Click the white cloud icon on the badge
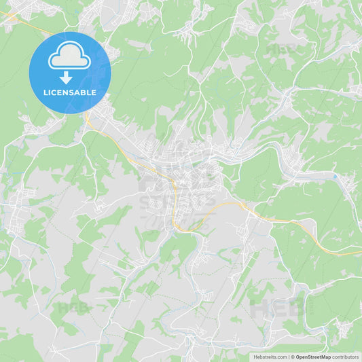point(69,58)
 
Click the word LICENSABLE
point(69,92)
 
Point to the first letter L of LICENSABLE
point(45,92)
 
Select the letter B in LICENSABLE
point(85,92)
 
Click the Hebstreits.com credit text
point(270,357)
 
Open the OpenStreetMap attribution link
point(313,357)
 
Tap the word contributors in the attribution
point(346,357)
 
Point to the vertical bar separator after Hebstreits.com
point(289,357)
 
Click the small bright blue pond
point(335,177)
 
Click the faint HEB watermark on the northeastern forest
point(282,49)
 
